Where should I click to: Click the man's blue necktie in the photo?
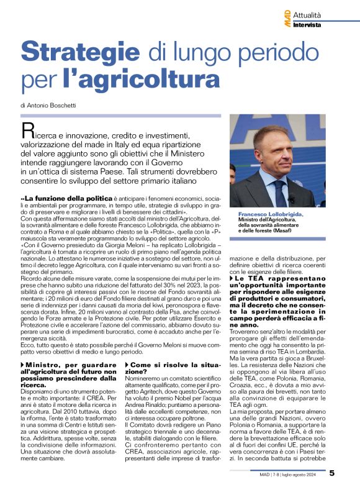click(281, 192)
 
